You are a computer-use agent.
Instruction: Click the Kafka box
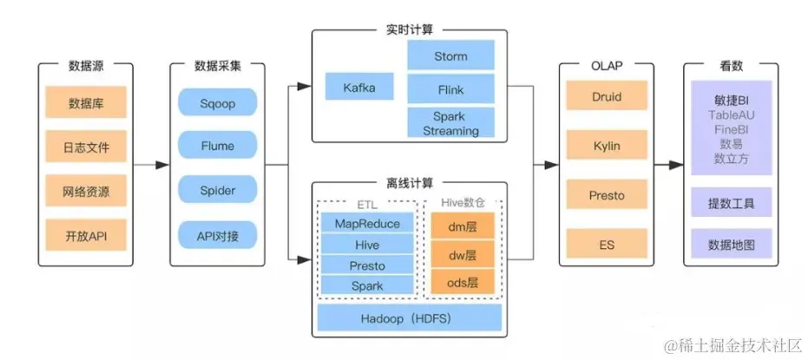pyautogui.click(x=359, y=87)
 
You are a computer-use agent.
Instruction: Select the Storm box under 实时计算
pyautogui.click(x=450, y=56)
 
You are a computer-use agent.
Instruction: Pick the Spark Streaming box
pyautogui.click(x=450, y=123)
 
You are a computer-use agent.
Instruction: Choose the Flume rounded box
pyautogui.click(x=218, y=146)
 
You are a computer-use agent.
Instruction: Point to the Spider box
pyautogui.click(x=218, y=190)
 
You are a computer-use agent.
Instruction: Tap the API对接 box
pyautogui.click(x=218, y=234)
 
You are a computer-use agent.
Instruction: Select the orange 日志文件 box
pyautogui.click(x=86, y=147)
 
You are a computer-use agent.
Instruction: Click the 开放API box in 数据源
pyautogui.click(x=86, y=234)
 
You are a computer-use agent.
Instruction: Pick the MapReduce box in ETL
pyautogui.click(x=367, y=224)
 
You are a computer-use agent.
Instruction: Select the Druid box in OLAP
pyautogui.click(x=606, y=97)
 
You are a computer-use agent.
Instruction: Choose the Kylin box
pyautogui.click(x=606, y=147)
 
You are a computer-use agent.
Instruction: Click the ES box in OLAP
pyautogui.click(x=606, y=245)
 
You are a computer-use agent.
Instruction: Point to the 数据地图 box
pyautogui.click(x=729, y=245)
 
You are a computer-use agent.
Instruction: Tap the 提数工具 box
pyautogui.click(x=729, y=204)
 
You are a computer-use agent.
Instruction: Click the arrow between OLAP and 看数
pyautogui.click(x=667, y=165)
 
